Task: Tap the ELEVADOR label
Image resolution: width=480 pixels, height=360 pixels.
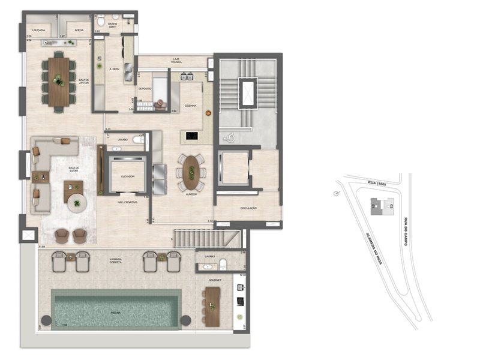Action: pos(127,176)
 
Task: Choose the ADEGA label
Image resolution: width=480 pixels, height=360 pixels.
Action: pos(77,29)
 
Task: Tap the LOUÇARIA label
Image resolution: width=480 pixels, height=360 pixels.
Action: pos(40,29)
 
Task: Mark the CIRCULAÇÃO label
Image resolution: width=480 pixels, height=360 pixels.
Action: pos(248,208)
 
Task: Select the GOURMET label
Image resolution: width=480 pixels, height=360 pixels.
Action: pos(215,280)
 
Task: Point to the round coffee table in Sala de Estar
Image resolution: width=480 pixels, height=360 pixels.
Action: pos(77,203)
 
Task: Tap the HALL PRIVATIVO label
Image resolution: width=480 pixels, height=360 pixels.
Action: pos(127,202)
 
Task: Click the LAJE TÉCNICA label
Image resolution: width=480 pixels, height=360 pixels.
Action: pos(175,61)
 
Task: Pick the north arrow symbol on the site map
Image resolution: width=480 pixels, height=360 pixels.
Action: pos(336,193)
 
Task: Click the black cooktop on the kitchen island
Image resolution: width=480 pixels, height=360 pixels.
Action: pos(192,137)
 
